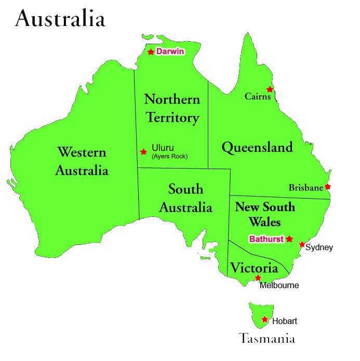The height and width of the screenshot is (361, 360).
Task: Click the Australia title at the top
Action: pyautogui.click(x=60, y=19)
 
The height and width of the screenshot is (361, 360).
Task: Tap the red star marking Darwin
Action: pyautogui.click(x=151, y=51)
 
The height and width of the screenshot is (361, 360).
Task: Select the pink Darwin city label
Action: pyautogui.click(x=170, y=51)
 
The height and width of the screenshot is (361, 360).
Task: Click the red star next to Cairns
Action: pyautogui.click(x=270, y=89)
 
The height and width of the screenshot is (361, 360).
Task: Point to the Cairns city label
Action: pyautogui.click(x=258, y=97)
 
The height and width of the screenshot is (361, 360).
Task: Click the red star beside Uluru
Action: pyautogui.click(x=143, y=151)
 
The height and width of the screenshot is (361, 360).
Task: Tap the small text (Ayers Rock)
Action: pyautogui.click(x=169, y=156)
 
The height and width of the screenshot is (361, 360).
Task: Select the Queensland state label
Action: pyautogui.click(x=257, y=147)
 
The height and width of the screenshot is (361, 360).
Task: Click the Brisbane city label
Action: pyautogui.click(x=306, y=188)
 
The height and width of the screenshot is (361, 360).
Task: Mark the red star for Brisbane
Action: pyautogui.click(x=327, y=187)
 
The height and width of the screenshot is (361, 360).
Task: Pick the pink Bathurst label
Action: pyautogui.click(x=266, y=239)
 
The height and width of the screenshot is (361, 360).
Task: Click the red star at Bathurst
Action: pyautogui.click(x=289, y=239)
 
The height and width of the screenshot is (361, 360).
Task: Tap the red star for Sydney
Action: pyautogui.click(x=302, y=244)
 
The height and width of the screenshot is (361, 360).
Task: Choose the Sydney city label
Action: pyautogui.click(x=319, y=248)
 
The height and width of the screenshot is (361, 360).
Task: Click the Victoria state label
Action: pyautogui.click(x=254, y=268)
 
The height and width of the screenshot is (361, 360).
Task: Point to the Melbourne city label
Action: pyautogui.click(x=279, y=285)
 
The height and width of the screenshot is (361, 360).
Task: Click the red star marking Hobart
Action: pyautogui.click(x=265, y=319)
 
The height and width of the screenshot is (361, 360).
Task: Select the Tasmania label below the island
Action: pyautogui.click(x=267, y=339)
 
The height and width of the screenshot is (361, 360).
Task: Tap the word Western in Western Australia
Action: pyautogui.click(x=82, y=152)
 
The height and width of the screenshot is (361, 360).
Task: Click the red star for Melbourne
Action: pyautogui.click(x=258, y=278)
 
